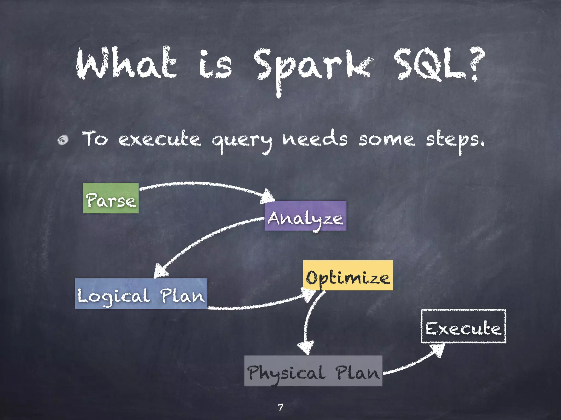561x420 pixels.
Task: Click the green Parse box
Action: [x=111, y=199]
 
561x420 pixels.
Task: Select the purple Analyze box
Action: [x=305, y=216]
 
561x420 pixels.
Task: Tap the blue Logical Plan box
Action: [x=141, y=294]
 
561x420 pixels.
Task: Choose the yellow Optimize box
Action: [x=348, y=276]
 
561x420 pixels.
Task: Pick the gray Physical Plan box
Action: [x=313, y=371]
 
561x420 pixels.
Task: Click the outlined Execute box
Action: [x=463, y=326]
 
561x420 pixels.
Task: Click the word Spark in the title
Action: [x=312, y=67]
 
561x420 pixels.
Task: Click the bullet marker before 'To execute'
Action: [x=63, y=140]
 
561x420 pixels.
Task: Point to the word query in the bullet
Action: [x=242, y=141]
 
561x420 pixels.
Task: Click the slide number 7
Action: [x=280, y=407]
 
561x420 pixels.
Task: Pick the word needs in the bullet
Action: [x=315, y=139]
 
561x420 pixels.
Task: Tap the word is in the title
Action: [x=215, y=64]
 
